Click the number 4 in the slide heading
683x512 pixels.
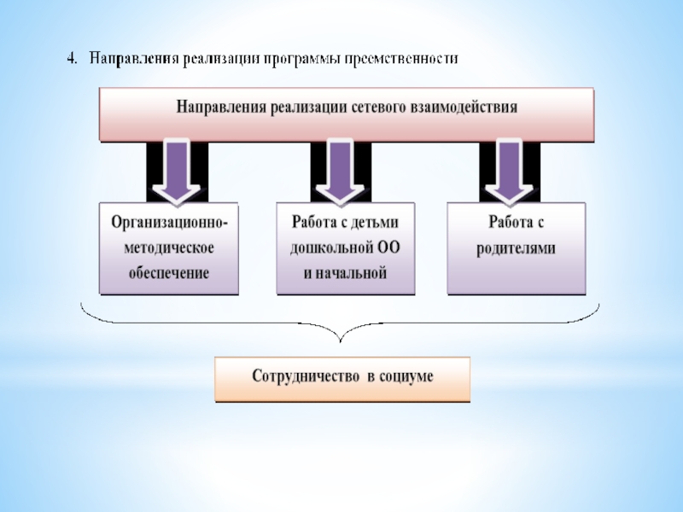coord(72,60)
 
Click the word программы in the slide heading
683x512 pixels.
coord(302,60)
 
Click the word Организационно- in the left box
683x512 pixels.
coord(169,224)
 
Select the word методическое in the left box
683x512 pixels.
coord(169,248)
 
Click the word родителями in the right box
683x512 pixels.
coord(516,248)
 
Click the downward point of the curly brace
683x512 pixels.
coord(340,336)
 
